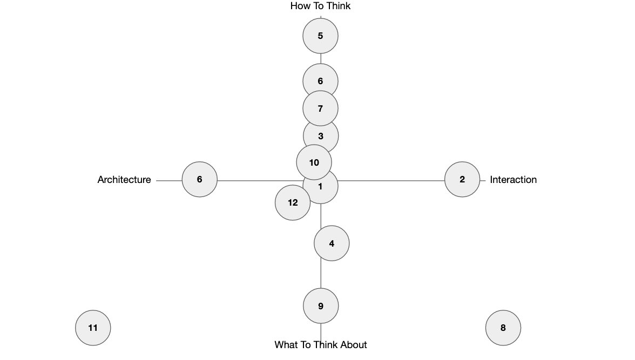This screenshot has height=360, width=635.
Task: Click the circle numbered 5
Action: tap(320, 36)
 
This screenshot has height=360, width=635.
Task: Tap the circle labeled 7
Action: tap(320, 108)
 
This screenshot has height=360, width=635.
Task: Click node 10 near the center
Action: tap(314, 162)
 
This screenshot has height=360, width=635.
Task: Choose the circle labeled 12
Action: tap(293, 202)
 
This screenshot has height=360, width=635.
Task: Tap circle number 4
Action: tap(332, 243)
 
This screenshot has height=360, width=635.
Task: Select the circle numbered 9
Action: tap(321, 305)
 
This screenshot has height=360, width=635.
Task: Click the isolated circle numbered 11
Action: tap(93, 328)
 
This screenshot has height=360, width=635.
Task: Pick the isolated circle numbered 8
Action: tap(503, 328)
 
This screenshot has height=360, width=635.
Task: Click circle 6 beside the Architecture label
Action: tap(200, 179)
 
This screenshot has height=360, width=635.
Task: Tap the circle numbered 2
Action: tap(462, 179)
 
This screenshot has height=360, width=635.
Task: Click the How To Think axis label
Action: tap(320, 6)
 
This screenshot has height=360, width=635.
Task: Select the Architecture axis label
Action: tap(124, 179)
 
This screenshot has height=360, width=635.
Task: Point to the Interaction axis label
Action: tap(513, 179)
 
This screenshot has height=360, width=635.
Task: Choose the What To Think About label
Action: tap(320, 344)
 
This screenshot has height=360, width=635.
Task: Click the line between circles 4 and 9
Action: tap(321, 275)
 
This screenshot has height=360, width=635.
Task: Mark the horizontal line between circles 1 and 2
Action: tap(391, 181)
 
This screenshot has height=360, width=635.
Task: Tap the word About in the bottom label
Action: tap(354, 344)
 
